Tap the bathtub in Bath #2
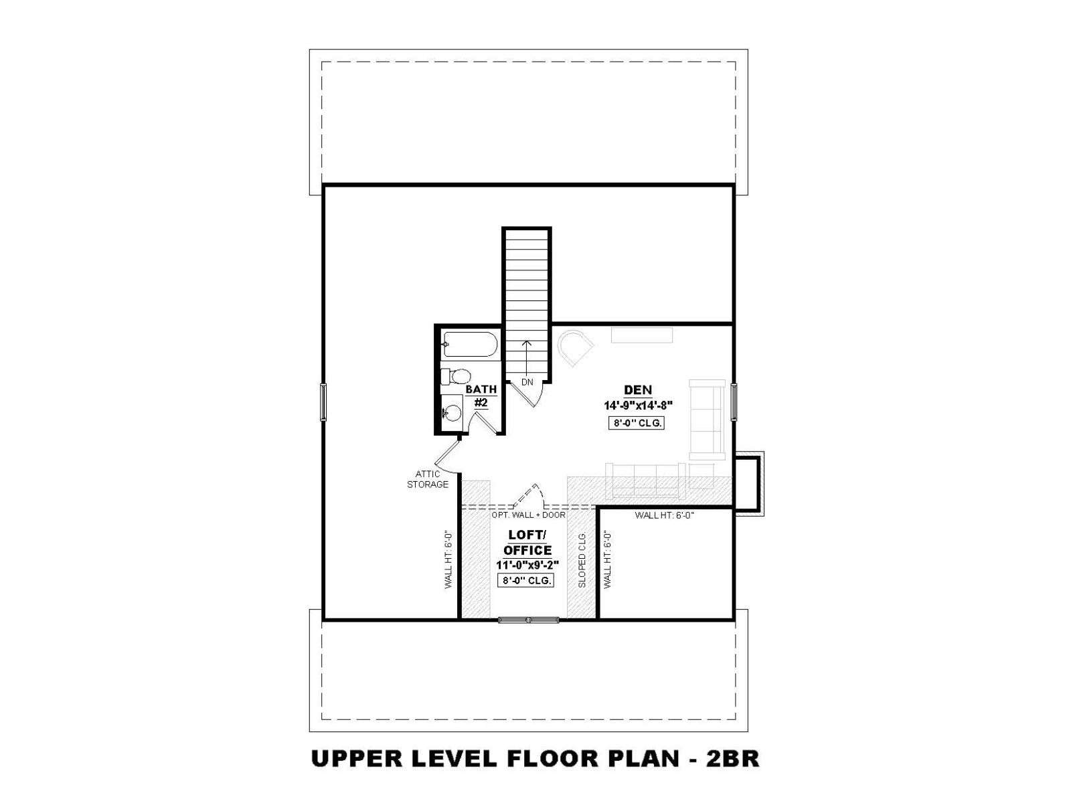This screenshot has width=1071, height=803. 469,345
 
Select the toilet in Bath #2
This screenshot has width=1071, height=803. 456,376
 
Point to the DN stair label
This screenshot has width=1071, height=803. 527,382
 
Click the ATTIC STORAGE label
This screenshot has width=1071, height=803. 428,478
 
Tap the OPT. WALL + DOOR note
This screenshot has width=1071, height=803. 528,515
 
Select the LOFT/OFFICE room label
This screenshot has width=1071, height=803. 527,542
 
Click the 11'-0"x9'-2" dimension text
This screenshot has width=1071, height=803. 527,565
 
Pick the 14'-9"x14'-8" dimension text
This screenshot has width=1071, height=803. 638,405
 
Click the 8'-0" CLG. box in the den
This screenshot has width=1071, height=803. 637,423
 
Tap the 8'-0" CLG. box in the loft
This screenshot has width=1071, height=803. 526,581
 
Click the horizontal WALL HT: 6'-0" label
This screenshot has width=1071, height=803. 664,515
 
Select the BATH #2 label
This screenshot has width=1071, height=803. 481,396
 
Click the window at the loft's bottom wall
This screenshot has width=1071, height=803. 528,620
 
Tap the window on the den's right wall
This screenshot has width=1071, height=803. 734,401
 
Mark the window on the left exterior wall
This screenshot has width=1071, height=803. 323,401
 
